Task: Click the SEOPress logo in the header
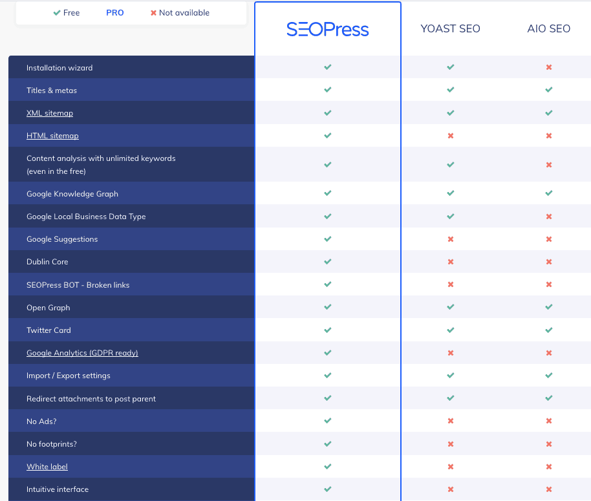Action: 327,29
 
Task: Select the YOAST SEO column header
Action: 450,29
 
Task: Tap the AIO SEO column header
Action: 548,29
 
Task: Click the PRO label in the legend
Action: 115,13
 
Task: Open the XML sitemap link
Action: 50,113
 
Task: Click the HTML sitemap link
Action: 52,136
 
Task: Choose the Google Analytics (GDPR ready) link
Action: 82,353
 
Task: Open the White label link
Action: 47,467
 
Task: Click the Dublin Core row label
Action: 47,262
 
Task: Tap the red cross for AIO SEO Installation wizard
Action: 549,67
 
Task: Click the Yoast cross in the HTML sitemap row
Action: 451,136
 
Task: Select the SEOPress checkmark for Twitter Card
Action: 328,330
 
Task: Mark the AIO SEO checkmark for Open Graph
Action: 549,307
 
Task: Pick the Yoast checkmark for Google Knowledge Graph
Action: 451,193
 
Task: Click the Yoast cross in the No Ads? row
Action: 451,421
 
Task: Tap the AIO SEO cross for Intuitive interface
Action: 549,489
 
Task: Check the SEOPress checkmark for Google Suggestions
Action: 328,239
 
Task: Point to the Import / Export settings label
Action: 69,376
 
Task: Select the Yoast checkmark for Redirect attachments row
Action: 451,398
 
